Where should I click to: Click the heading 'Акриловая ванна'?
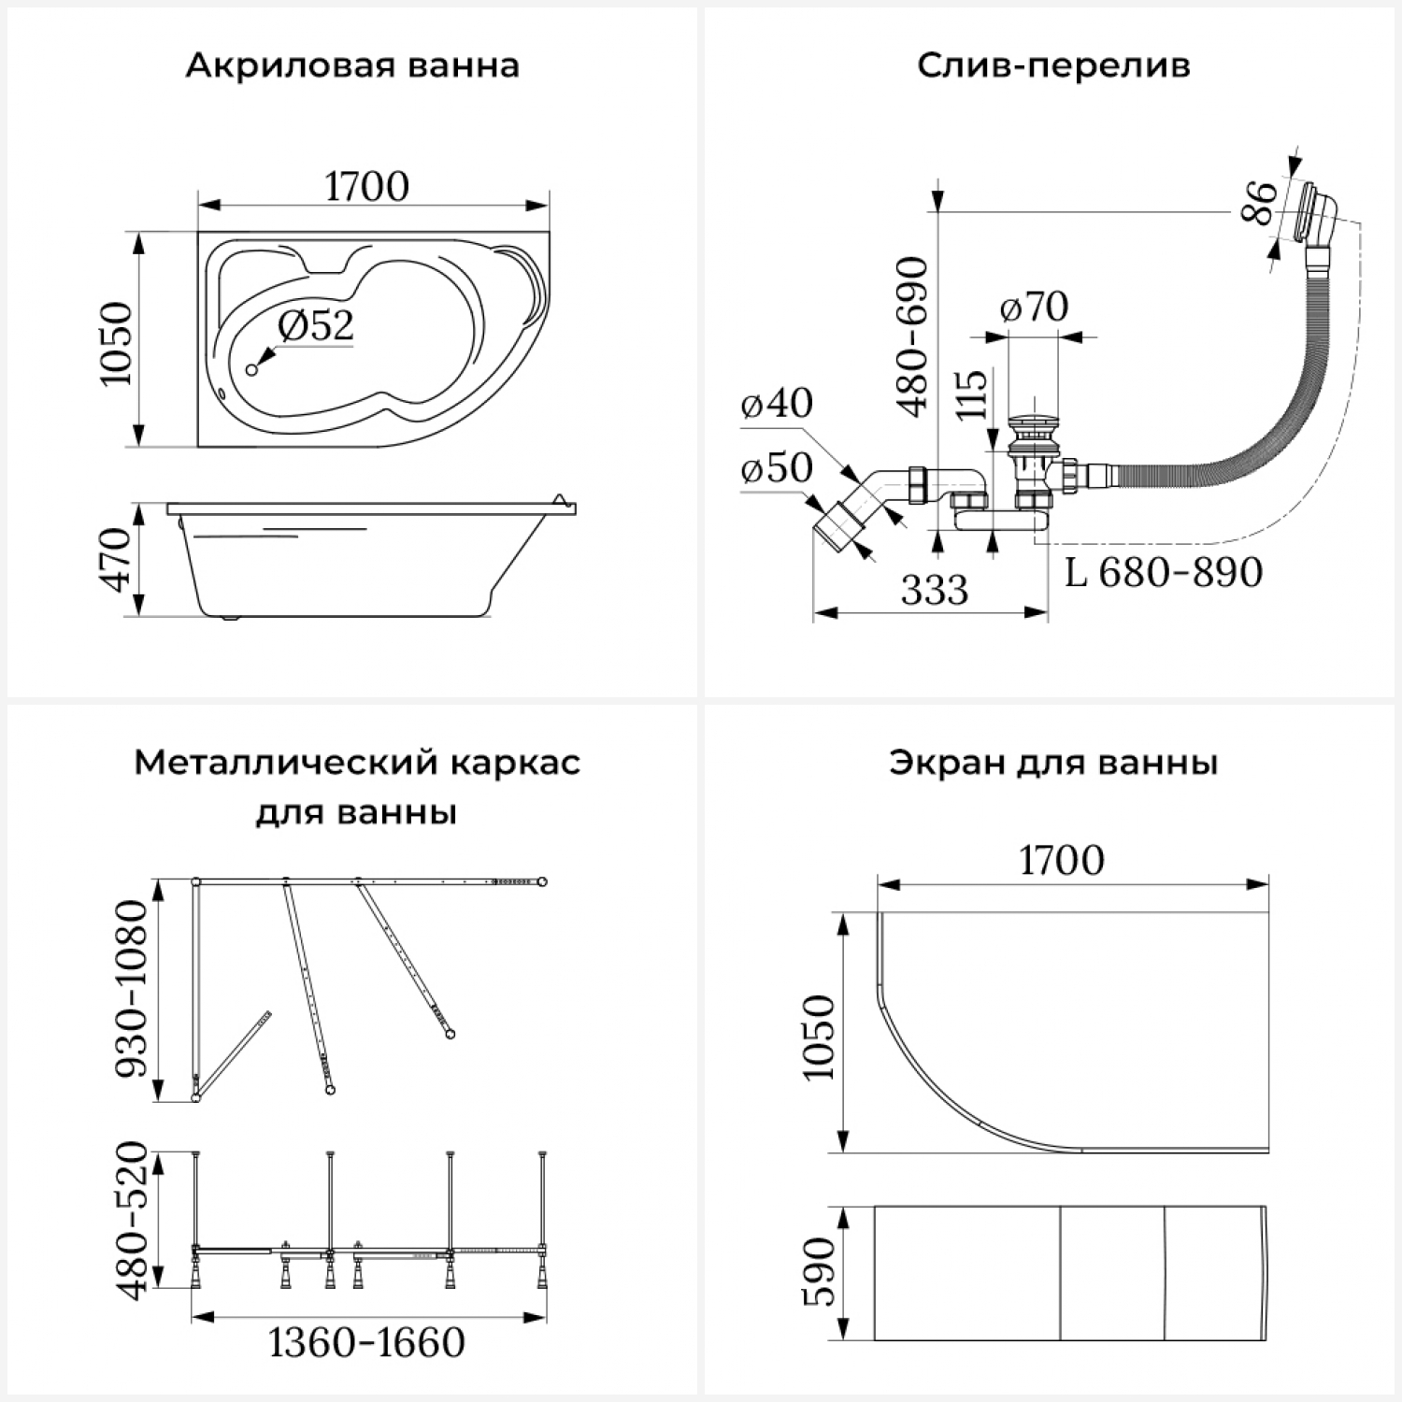352,66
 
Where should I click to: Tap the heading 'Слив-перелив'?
1053,66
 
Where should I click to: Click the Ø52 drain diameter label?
316,325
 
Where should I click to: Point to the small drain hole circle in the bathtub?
250,370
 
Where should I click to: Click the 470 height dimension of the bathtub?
117,559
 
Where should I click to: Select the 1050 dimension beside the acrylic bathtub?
116,343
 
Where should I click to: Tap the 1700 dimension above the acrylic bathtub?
366,187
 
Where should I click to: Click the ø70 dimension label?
1034,307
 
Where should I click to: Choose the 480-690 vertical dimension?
912,336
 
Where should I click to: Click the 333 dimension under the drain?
935,591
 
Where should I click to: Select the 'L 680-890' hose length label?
1164,572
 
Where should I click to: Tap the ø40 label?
776,404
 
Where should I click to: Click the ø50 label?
776,468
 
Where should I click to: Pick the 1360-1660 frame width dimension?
366,1343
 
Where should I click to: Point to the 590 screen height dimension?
818,1273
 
